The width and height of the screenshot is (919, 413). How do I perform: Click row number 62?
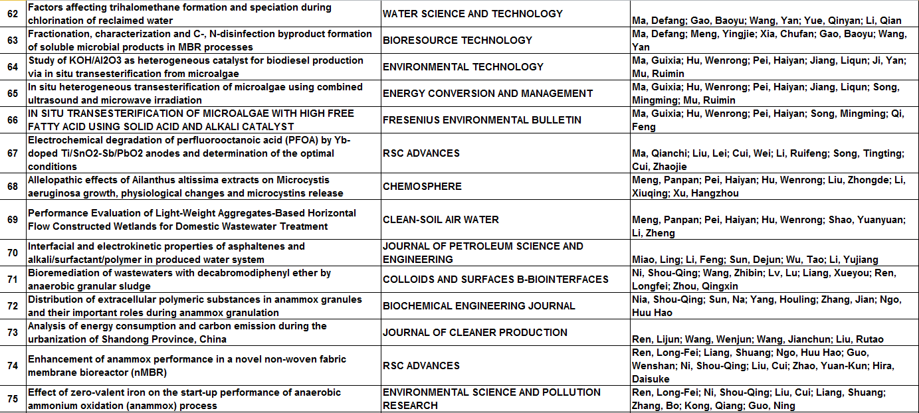(13, 14)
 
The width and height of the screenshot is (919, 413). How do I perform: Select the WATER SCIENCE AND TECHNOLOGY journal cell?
(472, 14)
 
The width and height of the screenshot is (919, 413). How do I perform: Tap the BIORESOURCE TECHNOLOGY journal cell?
(457, 41)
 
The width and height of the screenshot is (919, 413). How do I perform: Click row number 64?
(13, 67)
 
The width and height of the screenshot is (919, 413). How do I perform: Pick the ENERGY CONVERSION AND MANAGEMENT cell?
(488, 94)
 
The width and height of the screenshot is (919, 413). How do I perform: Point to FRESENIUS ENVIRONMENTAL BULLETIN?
(482, 120)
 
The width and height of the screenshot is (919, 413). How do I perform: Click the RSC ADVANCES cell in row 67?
(421, 153)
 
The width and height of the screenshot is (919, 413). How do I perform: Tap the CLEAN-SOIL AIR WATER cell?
(441, 220)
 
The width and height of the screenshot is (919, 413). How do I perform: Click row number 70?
(13, 253)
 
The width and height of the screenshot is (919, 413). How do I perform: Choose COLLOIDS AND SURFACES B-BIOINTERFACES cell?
(496, 280)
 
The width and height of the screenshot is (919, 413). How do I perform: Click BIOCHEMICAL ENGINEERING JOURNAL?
(478, 306)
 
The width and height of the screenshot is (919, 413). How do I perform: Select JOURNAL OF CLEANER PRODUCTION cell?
(474, 333)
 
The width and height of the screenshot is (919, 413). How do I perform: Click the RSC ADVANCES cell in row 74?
(421, 366)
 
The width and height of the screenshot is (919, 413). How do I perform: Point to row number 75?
(13, 399)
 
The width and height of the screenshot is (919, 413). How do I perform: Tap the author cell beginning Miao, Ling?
(754, 260)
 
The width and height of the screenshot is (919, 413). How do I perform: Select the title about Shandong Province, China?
(177, 333)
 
